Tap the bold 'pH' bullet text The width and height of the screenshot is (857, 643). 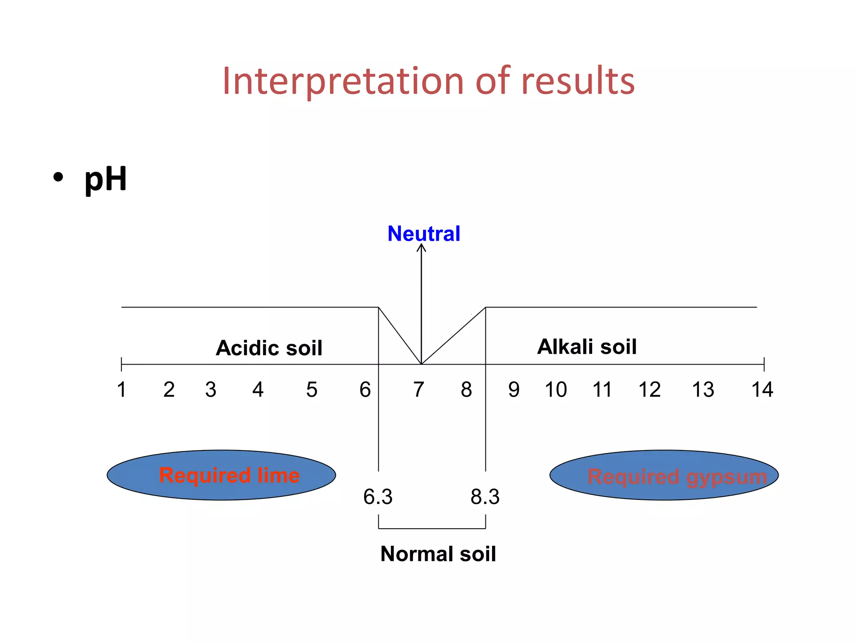pos(105,179)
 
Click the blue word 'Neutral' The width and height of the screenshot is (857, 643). pos(423,234)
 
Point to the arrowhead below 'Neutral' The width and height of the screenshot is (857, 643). pos(421,248)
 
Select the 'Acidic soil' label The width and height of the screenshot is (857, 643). pos(269,348)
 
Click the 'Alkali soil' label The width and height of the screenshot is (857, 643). pos(587,347)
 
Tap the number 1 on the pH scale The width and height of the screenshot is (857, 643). pos(121,390)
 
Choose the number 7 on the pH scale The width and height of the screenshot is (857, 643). pos(419,390)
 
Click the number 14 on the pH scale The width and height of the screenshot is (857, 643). pos(762,390)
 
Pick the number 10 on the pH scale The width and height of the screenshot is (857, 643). pos(556,390)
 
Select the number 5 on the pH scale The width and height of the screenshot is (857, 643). pos(312,390)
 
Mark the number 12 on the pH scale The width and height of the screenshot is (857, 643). pos(649,390)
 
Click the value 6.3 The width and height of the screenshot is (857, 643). pos(378,497)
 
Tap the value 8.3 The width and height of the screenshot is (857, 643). pos(485,497)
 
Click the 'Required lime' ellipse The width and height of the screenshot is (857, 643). pos(221,475)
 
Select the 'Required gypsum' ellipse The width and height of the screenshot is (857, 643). pos(664,475)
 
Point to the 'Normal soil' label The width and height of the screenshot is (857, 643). pos(438,554)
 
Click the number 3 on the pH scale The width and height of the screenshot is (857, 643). pos(211,390)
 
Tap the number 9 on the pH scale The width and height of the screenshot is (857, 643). pos(514,390)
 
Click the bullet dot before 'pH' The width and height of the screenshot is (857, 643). pos(58,177)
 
